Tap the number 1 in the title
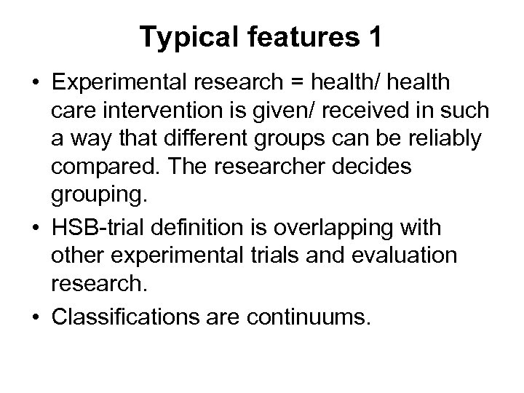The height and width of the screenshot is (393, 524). click(x=373, y=38)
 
